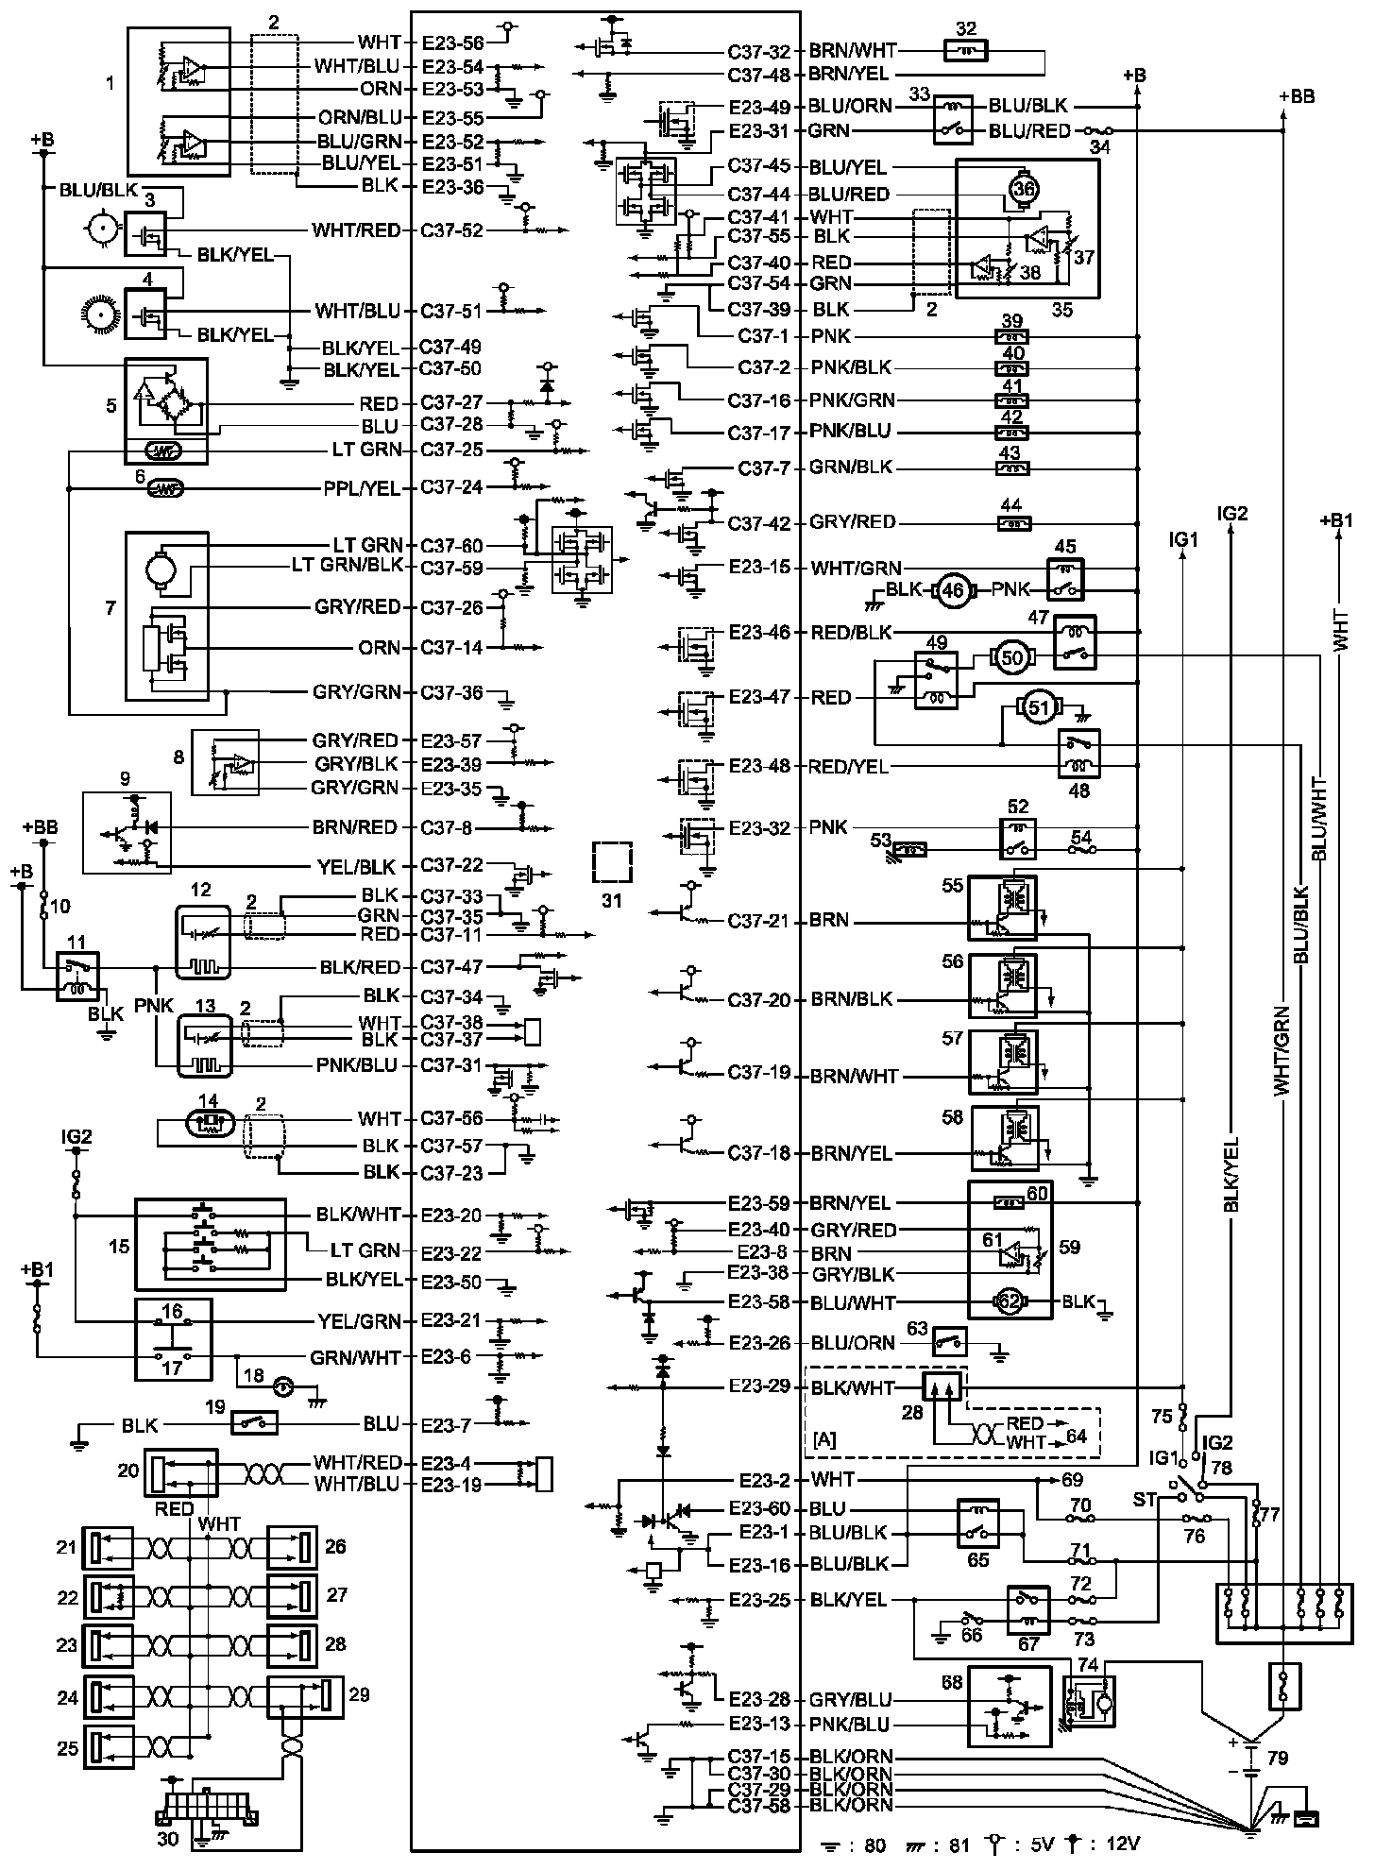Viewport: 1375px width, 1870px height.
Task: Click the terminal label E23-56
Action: pos(452,42)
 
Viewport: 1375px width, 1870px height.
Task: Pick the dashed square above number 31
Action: pos(612,861)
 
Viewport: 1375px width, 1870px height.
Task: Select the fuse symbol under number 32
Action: pos(966,51)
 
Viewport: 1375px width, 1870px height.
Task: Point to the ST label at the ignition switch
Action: pos(1145,1500)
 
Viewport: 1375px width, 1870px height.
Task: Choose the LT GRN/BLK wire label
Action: pos(347,567)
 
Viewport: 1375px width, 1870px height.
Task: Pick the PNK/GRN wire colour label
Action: pos(852,399)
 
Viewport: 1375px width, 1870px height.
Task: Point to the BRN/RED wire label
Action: pos(355,827)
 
